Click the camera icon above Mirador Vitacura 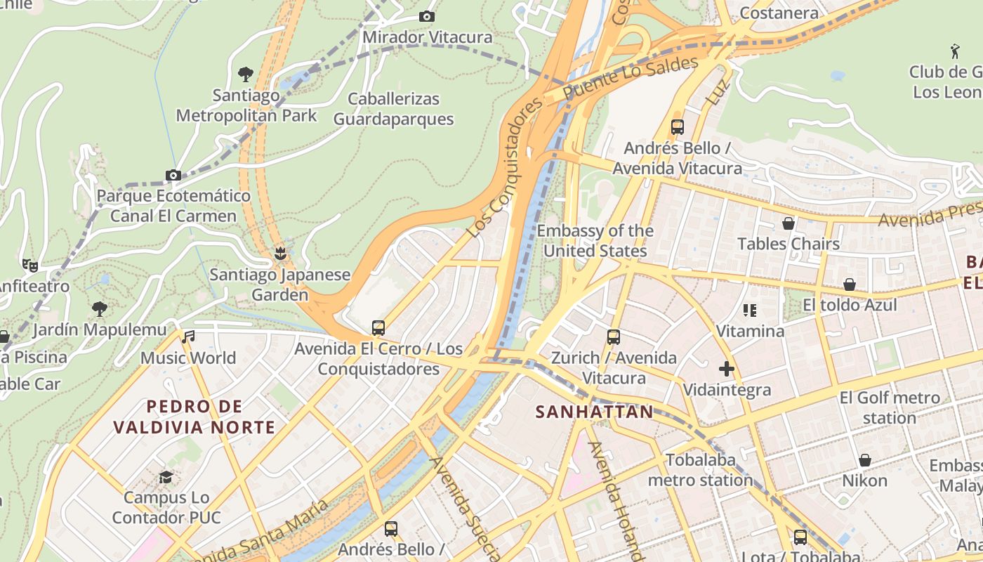point(426,17)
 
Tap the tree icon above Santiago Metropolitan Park point(246,74)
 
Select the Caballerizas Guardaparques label point(393,109)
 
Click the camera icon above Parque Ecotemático point(173,175)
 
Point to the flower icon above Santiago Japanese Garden point(280,253)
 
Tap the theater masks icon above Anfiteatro point(29,265)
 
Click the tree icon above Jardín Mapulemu point(100,308)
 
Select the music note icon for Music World point(187,337)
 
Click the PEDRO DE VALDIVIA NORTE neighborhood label point(194,417)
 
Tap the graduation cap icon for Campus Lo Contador point(166,477)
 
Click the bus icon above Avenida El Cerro point(378,327)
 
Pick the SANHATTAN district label point(594,412)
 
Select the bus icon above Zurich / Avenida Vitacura point(614,337)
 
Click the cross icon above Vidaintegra point(727,369)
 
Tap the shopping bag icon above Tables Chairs point(789,223)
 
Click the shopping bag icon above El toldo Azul point(850,285)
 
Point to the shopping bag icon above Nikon point(865,460)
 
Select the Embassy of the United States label point(595,241)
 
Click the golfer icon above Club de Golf point(955,51)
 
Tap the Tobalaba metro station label point(700,470)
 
